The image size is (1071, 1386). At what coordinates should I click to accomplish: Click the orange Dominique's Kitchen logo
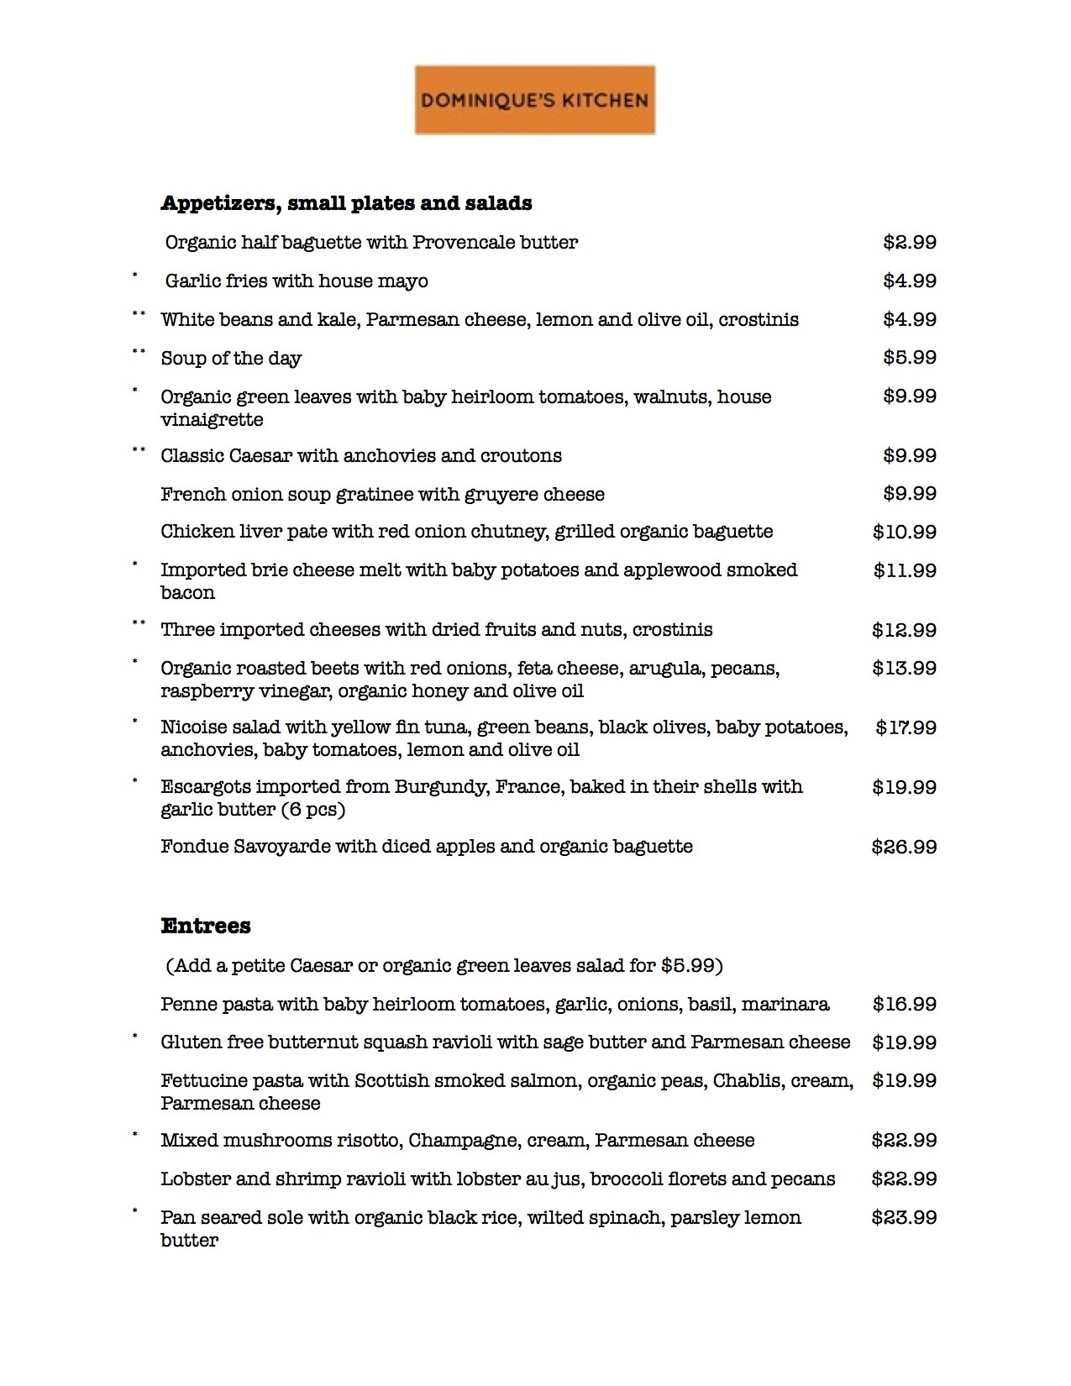click(x=534, y=100)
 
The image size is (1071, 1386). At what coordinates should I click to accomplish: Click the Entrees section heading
click(x=206, y=926)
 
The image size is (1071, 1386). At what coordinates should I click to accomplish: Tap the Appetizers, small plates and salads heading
click(x=346, y=203)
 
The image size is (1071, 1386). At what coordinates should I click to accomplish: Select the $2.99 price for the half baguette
click(x=909, y=243)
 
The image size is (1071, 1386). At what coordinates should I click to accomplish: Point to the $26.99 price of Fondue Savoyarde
click(x=904, y=847)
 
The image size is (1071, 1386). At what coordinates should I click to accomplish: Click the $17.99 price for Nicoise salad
click(x=906, y=727)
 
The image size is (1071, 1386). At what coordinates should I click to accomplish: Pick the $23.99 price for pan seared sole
click(x=904, y=1218)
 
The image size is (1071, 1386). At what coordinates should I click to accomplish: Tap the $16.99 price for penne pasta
click(x=904, y=1004)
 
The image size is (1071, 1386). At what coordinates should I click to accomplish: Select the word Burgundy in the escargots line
click(x=442, y=787)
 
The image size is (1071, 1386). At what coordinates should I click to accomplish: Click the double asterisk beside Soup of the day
click(x=139, y=353)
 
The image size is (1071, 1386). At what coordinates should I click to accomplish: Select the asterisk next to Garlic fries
click(x=134, y=275)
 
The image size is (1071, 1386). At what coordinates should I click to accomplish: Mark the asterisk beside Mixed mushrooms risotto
click(x=134, y=1135)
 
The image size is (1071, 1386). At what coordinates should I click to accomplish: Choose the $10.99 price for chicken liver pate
click(x=904, y=532)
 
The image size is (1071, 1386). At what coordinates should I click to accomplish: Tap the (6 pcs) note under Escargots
click(x=312, y=810)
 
